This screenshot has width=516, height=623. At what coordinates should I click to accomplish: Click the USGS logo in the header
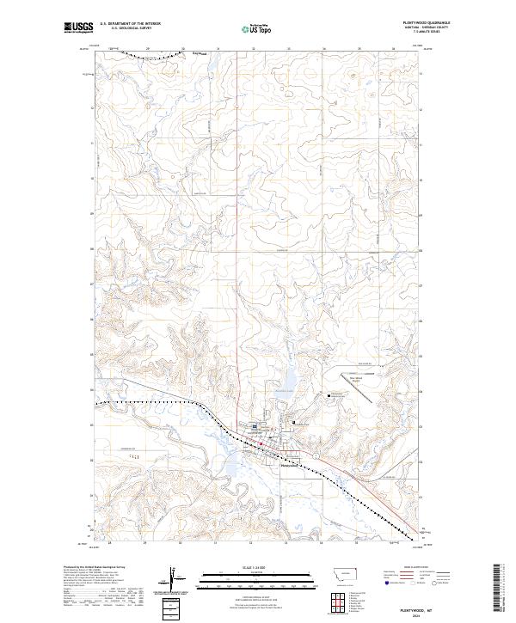tap(79, 28)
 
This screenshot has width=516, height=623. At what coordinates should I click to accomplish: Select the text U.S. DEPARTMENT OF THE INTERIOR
tap(130, 24)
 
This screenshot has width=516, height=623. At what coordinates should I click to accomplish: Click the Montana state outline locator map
tap(339, 574)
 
